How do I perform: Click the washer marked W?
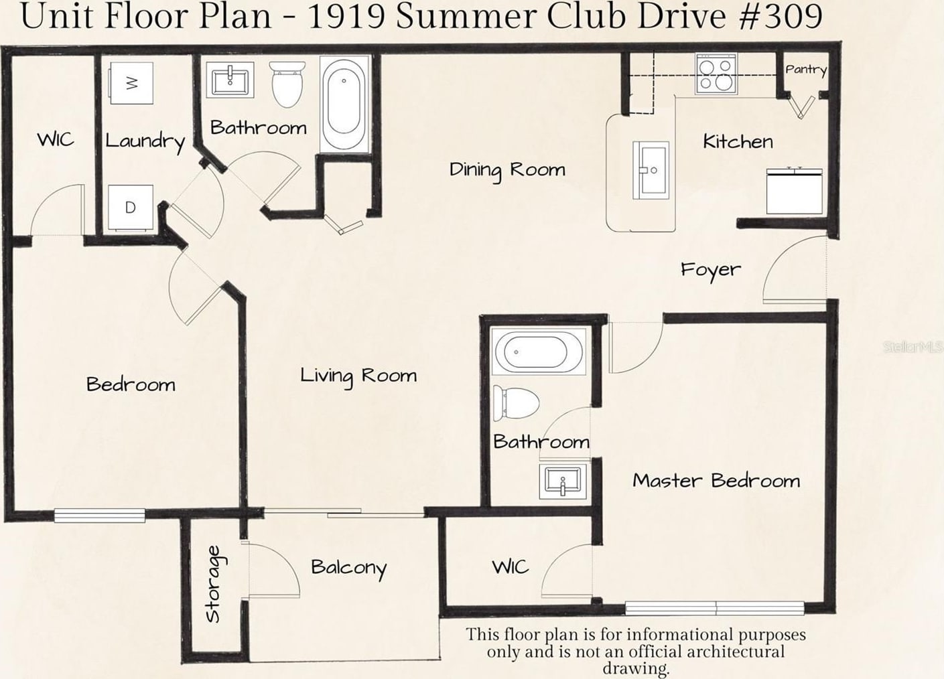pyautogui.click(x=131, y=83)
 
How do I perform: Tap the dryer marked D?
pyautogui.click(x=130, y=208)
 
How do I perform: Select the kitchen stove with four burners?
pyautogui.click(x=716, y=74)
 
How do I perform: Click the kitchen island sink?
pyautogui.click(x=651, y=170)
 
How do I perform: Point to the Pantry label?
pyautogui.click(x=806, y=70)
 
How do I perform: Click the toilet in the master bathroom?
pyautogui.click(x=517, y=402)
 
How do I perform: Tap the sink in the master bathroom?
pyautogui.click(x=563, y=481)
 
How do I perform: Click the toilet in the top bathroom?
pyautogui.click(x=288, y=84)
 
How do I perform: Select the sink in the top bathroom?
pyautogui.click(x=230, y=80)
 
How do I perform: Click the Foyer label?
pyautogui.click(x=711, y=270)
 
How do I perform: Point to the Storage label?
pyautogui.click(x=213, y=584)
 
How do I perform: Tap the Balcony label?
pyautogui.click(x=349, y=569)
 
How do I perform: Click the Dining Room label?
pyautogui.click(x=507, y=170)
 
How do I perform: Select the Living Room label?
pyautogui.click(x=358, y=376)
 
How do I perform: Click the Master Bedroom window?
pyautogui.click(x=715, y=608)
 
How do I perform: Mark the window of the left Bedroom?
pyautogui.click(x=99, y=516)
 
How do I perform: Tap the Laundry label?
pyautogui.click(x=145, y=142)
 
